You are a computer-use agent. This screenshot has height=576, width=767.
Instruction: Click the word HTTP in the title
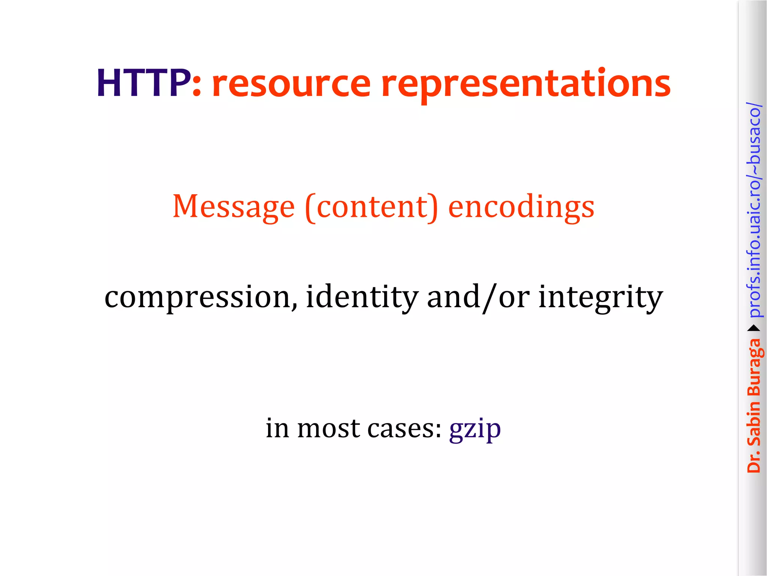(143, 83)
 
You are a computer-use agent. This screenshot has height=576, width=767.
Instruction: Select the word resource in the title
(291, 84)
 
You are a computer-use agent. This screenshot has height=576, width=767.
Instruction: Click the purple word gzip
(475, 429)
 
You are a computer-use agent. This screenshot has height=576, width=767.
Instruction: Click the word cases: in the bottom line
(404, 428)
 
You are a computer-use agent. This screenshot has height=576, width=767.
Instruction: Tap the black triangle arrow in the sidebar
(754, 328)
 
